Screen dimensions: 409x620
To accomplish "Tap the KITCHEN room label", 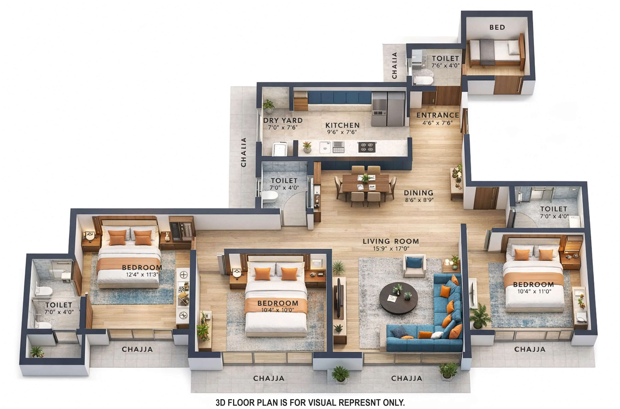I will pyautogui.click(x=342, y=125).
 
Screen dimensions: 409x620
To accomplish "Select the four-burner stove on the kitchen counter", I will pyautogui.click(x=367, y=147).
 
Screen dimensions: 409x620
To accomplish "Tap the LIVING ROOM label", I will pyautogui.click(x=391, y=241).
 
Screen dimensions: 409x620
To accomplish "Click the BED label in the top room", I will pyautogui.click(x=497, y=27).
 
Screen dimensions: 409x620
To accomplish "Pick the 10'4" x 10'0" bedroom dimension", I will pyautogui.click(x=278, y=310).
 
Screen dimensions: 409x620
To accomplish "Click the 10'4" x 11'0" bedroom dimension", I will pyautogui.click(x=534, y=291).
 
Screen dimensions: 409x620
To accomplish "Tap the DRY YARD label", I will pyautogui.click(x=283, y=120).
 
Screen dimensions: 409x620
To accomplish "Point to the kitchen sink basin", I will pyautogui.click(x=325, y=148).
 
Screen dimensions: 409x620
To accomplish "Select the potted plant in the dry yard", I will pyautogui.click(x=268, y=106).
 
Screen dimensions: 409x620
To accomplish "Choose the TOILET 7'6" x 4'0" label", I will pyautogui.click(x=445, y=62).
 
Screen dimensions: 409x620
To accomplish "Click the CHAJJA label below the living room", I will pyautogui.click(x=406, y=378).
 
